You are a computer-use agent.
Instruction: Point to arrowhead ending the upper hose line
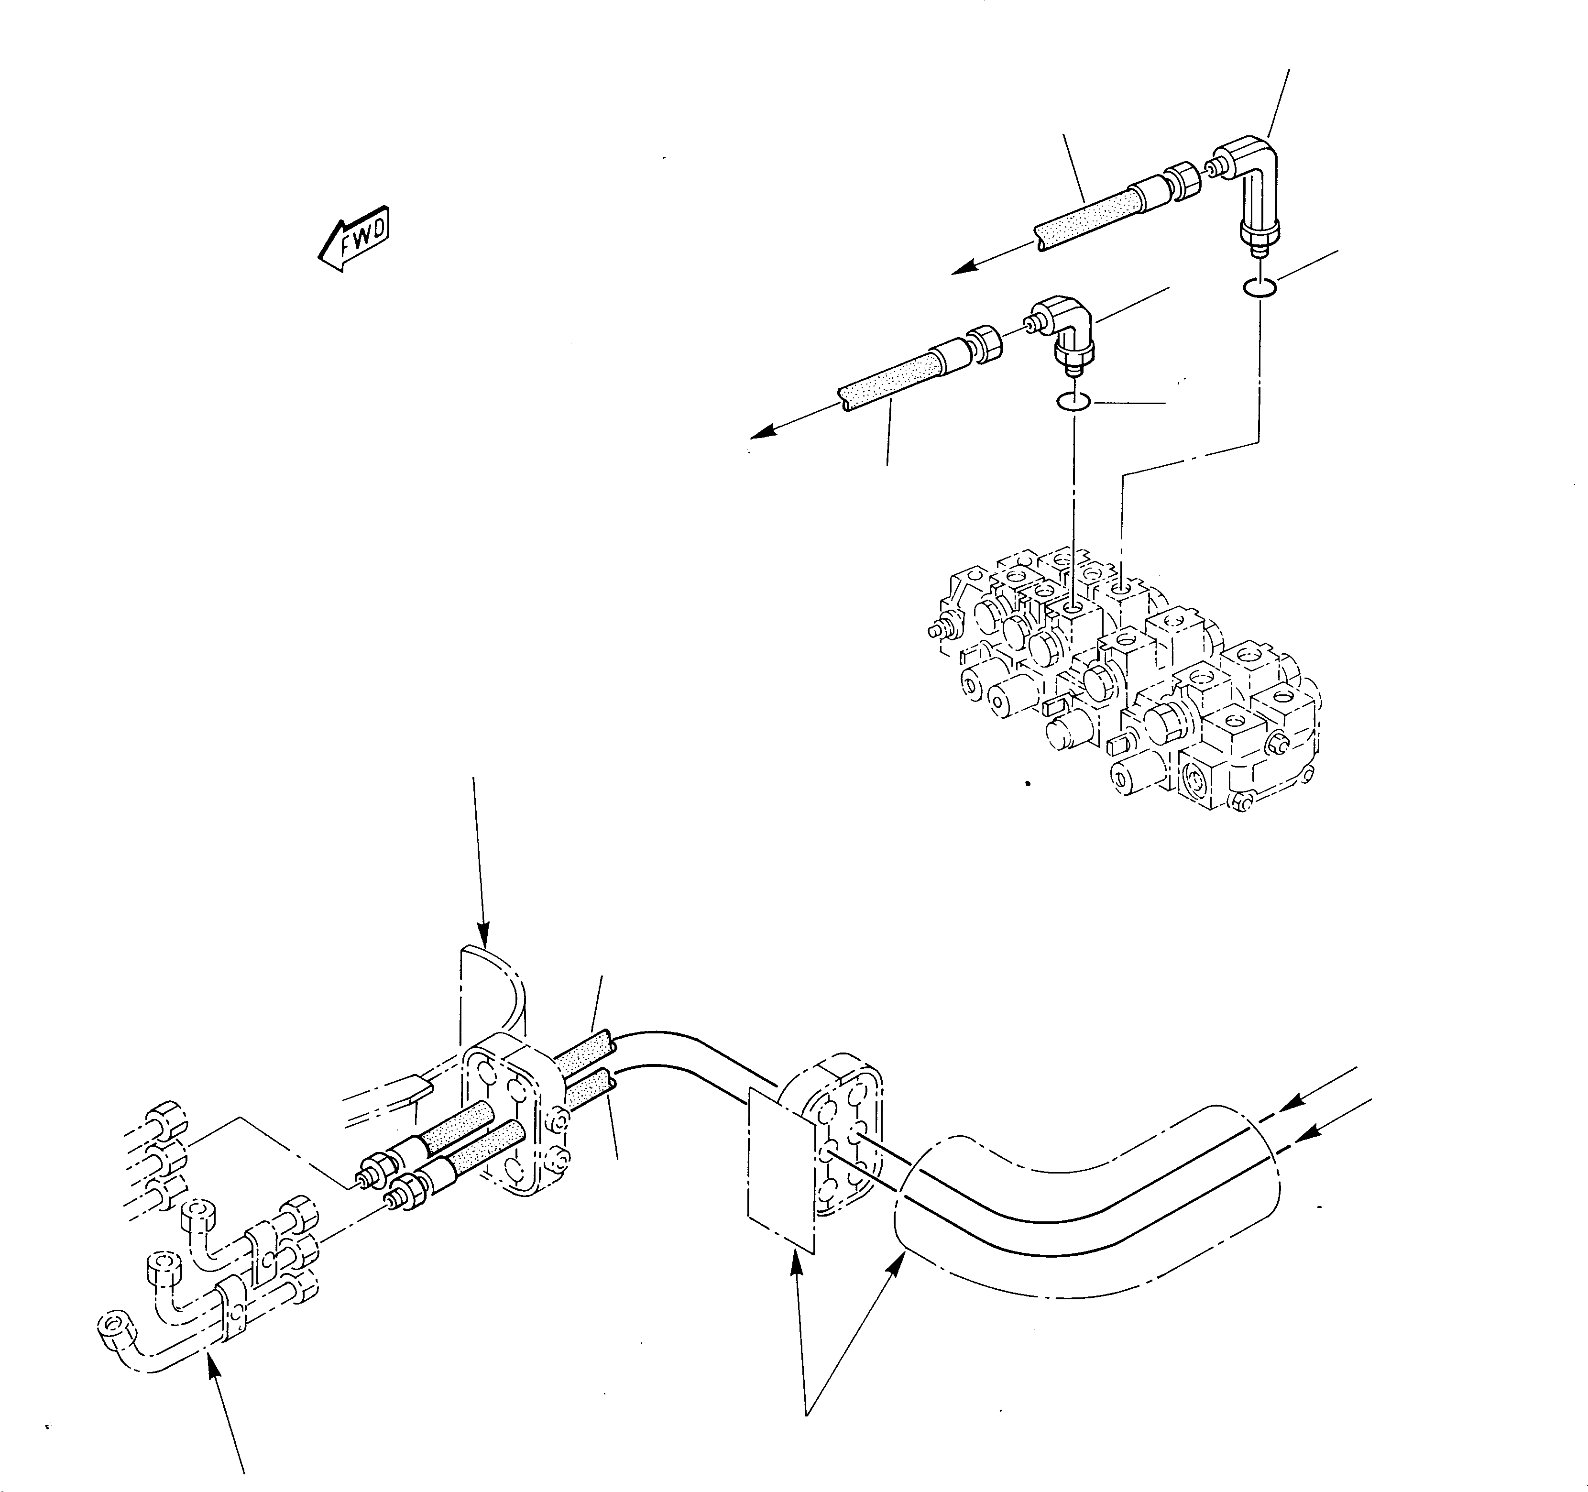[963, 269]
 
